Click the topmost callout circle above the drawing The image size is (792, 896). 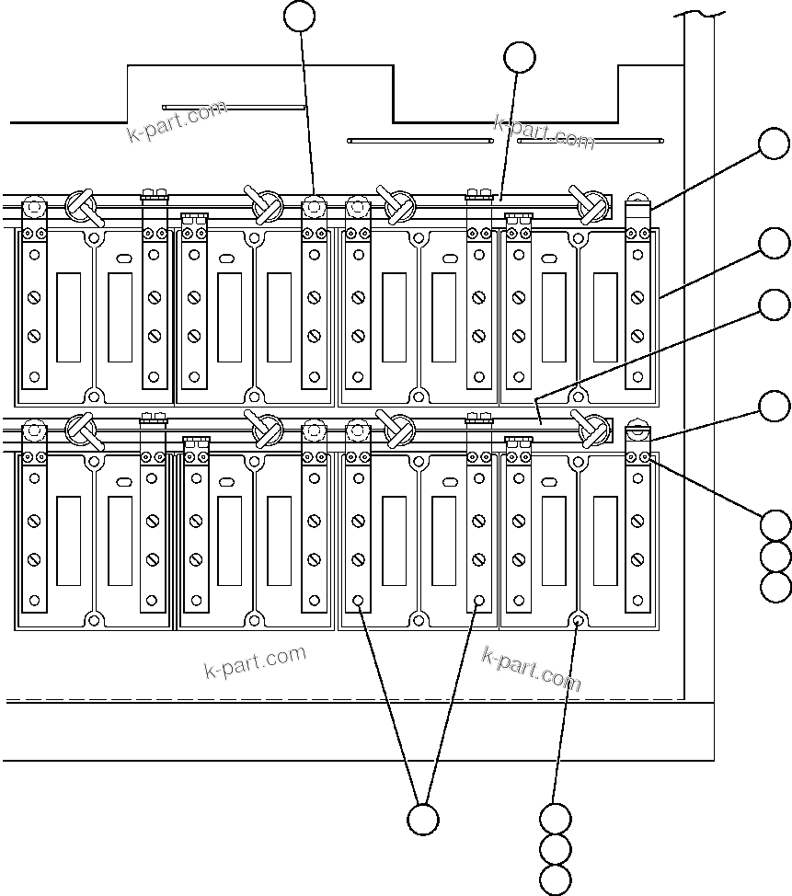300,16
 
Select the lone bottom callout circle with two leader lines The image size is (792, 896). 423,819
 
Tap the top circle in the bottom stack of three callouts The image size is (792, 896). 556,818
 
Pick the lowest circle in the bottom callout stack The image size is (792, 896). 556,879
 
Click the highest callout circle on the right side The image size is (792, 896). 775,144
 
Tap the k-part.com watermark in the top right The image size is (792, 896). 545,132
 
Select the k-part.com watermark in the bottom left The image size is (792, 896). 255,661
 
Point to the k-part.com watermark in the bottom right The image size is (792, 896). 532,668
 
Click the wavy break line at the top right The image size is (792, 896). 699,13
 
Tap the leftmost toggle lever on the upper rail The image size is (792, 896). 82,206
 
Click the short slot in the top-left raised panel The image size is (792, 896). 234,107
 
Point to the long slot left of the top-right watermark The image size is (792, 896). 419,141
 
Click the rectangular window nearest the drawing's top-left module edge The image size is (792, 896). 68,317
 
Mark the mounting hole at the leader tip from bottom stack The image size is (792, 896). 578,620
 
